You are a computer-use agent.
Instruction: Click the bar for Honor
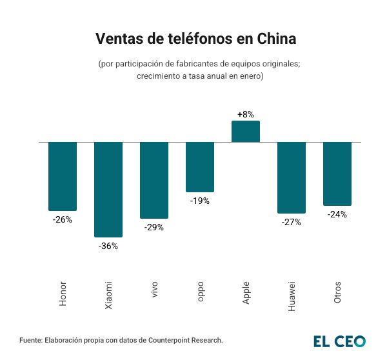63,175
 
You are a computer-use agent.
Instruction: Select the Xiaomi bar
108,189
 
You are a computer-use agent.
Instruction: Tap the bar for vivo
154,179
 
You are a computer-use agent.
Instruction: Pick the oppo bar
200,166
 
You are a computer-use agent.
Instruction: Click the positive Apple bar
246,131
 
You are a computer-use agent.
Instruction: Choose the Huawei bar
292,177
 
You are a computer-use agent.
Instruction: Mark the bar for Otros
337,173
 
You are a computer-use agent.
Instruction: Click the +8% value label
246,114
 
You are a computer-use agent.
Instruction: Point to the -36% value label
108,246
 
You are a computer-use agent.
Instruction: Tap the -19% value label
200,201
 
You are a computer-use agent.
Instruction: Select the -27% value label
292,222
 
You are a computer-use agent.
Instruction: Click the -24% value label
337,214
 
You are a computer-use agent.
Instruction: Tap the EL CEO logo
339,341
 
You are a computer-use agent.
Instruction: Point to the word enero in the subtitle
247,76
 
